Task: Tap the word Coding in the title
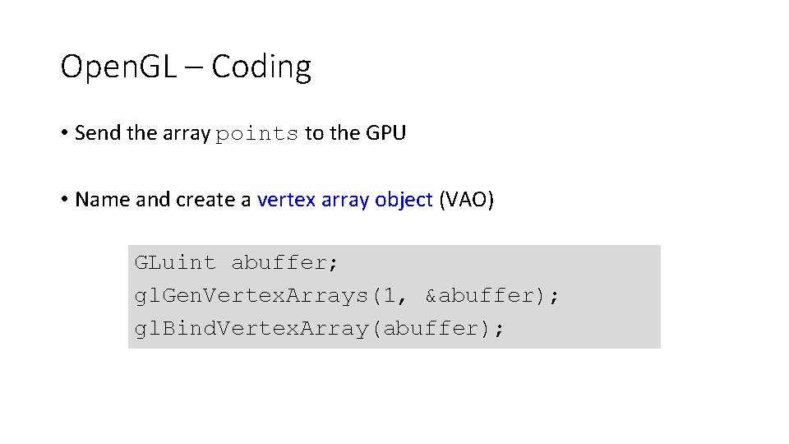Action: tap(261, 67)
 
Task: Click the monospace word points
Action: tap(256, 134)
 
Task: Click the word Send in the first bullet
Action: tap(97, 133)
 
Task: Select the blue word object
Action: tap(404, 201)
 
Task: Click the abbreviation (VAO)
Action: tap(467, 200)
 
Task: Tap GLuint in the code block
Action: tap(175, 263)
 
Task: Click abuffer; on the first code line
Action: tap(284, 263)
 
